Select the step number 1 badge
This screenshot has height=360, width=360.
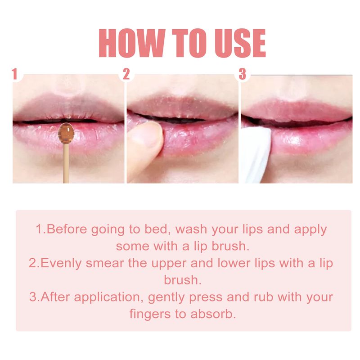(17, 74)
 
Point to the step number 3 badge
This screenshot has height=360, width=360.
(243, 74)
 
